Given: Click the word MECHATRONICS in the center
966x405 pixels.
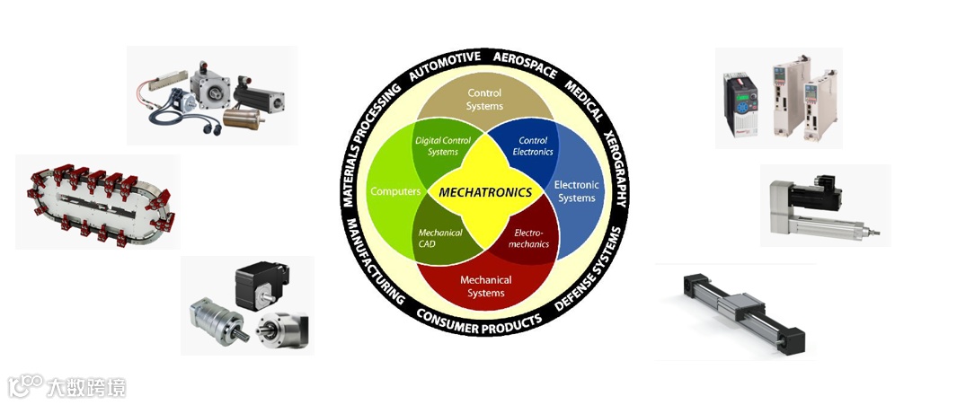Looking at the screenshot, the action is click(485, 193).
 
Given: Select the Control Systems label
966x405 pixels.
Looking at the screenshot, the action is click(485, 100).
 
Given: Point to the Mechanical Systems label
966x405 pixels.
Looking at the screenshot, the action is click(485, 286).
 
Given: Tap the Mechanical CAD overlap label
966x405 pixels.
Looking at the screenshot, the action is click(440, 239).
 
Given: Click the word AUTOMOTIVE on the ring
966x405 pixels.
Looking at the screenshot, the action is click(444, 67).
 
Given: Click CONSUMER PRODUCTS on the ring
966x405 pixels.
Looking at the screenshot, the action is click(480, 320).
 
